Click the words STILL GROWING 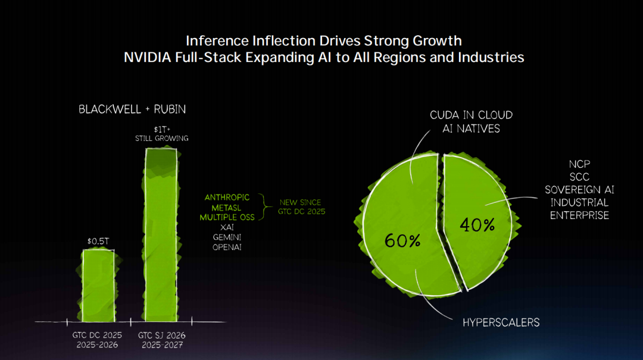[x=161, y=139]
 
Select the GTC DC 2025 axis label [x=96, y=335]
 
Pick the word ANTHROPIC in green [x=227, y=198]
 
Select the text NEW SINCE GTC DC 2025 [x=302, y=206]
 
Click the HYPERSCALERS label [x=501, y=323]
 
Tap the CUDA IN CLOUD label [x=471, y=115]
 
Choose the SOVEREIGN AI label [x=579, y=190]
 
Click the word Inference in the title [x=216, y=41]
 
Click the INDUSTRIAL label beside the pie [x=579, y=202]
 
